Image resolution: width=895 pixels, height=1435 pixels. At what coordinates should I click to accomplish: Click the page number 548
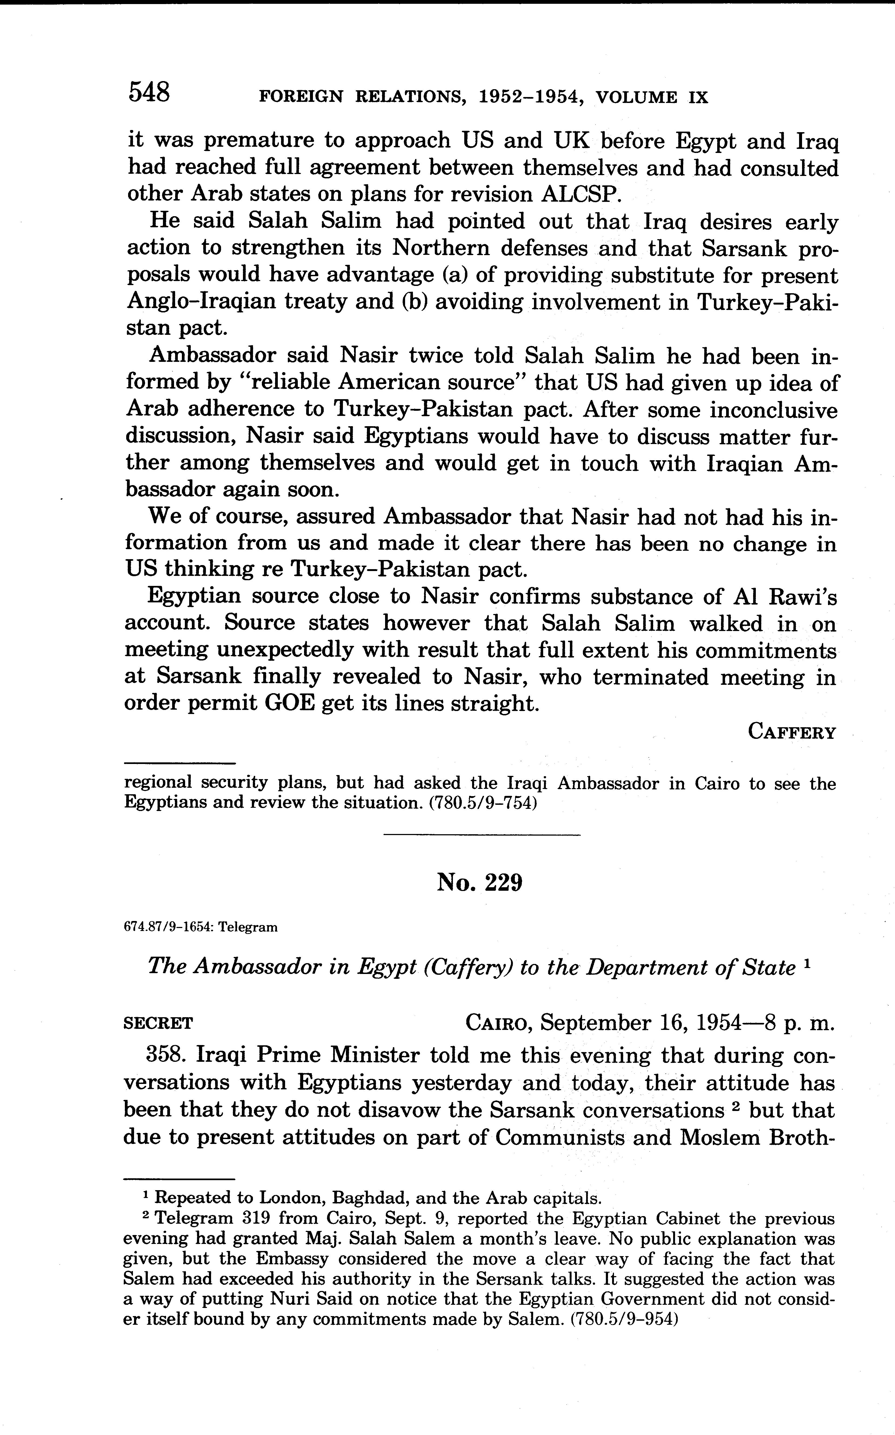(x=149, y=93)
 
